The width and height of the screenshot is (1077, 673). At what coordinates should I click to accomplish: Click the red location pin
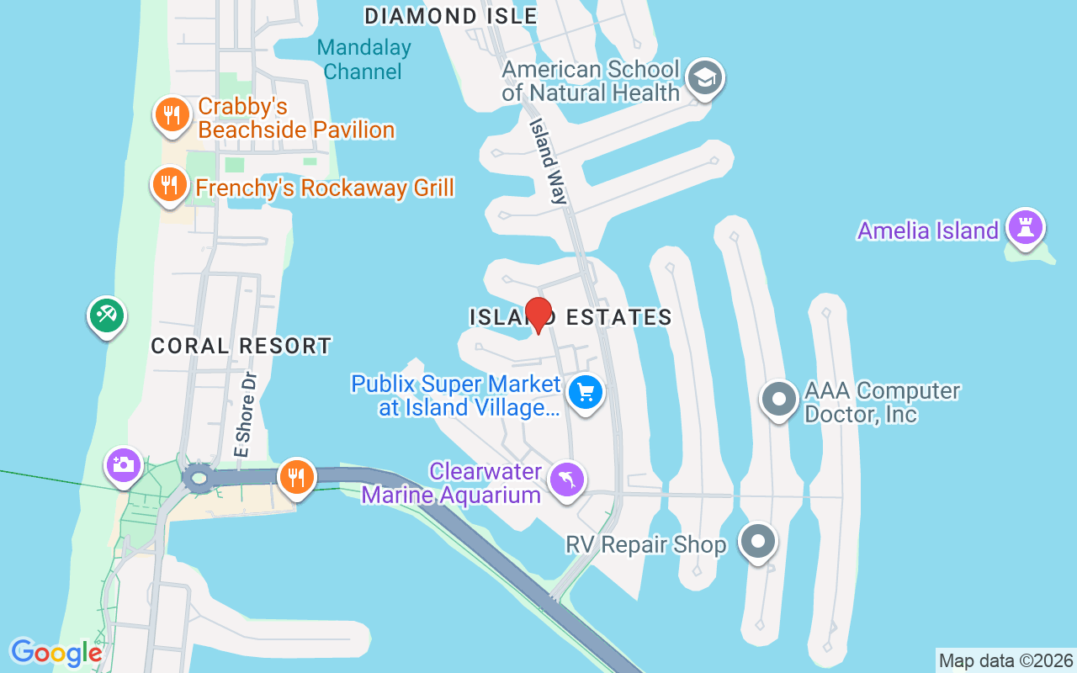[x=538, y=315]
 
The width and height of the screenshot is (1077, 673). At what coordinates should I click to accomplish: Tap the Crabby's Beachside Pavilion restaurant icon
[x=172, y=115]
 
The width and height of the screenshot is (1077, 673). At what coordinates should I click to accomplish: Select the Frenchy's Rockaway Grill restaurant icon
[x=170, y=184]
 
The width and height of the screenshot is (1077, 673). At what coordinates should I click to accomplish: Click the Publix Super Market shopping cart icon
[x=586, y=391]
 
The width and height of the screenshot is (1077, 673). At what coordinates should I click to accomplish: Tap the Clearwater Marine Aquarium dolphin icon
[x=567, y=480]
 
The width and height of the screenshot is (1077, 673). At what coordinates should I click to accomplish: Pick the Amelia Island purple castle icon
[x=1027, y=227]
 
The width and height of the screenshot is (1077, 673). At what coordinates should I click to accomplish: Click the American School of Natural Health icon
[x=703, y=79]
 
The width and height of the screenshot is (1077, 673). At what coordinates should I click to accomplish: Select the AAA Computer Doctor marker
[x=779, y=399]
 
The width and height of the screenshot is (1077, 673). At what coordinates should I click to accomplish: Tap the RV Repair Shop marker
[x=758, y=541]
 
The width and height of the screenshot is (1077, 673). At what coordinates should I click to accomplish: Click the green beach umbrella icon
[x=106, y=315]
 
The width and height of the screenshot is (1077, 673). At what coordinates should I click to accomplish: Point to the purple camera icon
[x=124, y=464]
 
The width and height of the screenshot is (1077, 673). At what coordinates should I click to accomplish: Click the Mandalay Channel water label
[x=363, y=60]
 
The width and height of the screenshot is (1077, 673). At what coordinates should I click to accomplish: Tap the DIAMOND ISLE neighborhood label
[x=450, y=16]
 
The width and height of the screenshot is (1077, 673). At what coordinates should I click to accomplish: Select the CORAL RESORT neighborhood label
[x=241, y=346]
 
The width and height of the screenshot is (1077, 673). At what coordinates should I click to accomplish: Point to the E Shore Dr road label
[x=244, y=416]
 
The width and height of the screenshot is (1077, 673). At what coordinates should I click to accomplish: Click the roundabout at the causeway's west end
[x=199, y=480]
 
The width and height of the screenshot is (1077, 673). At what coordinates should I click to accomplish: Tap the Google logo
[x=56, y=652]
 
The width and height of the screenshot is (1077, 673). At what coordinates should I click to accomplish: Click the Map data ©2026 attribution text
[x=1005, y=660]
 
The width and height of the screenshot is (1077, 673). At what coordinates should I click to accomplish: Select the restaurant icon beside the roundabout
[x=296, y=476]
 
